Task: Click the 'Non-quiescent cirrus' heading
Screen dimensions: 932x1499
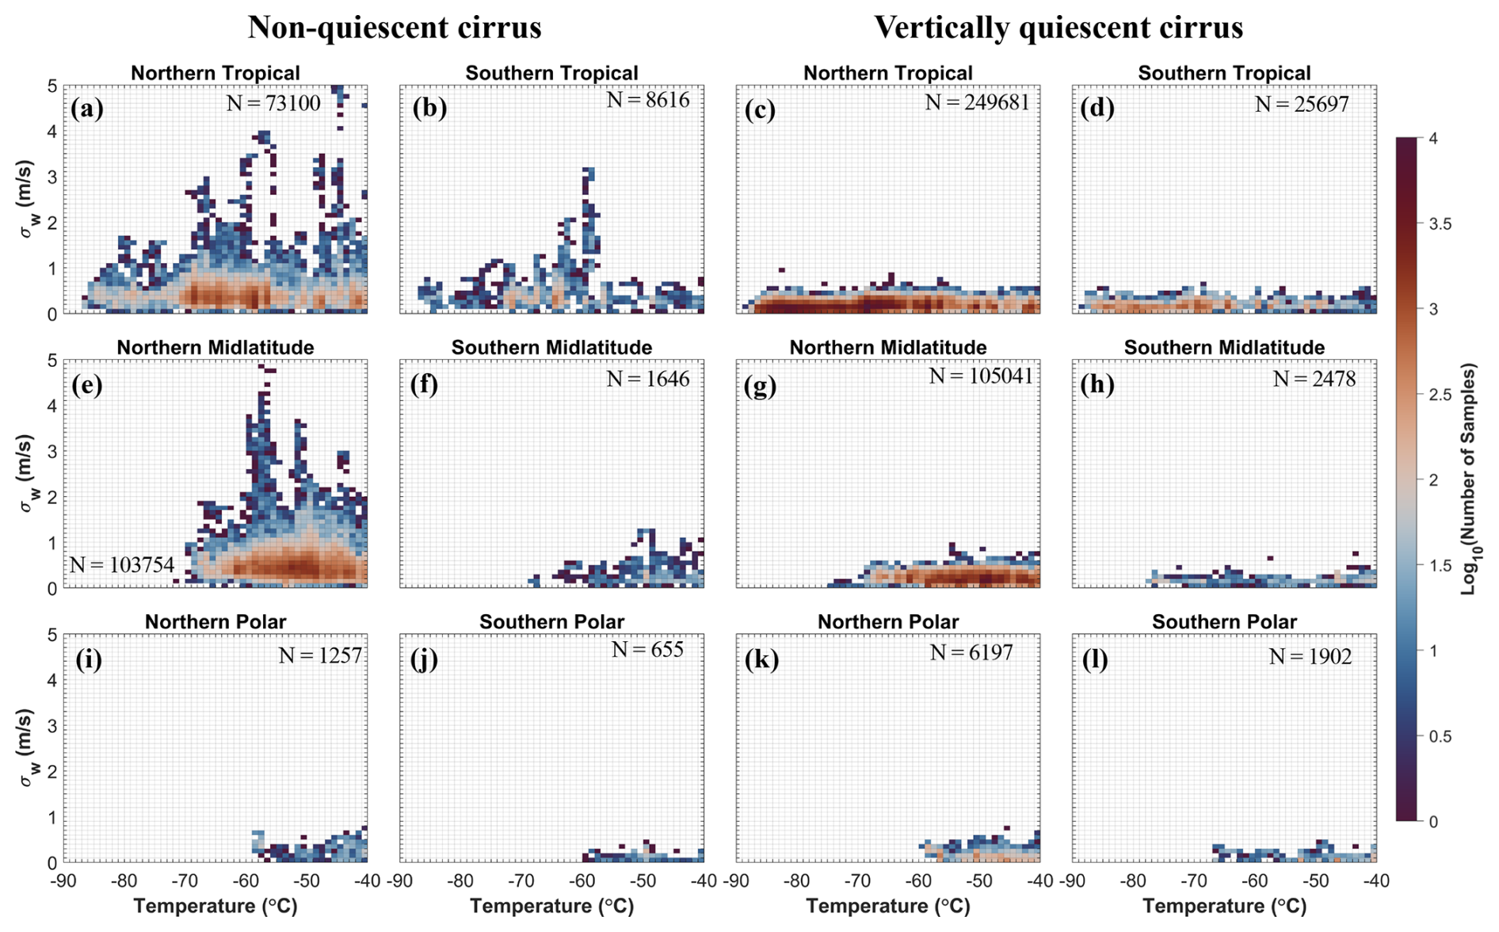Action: (395, 28)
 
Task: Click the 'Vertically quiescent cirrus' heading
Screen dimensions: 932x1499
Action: (1058, 28)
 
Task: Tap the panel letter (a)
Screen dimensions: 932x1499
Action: (87, 108)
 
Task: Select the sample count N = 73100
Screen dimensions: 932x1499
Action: (273, 103)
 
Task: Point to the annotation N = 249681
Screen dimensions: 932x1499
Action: (977, 102)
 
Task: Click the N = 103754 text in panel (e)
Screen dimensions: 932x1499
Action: (121, 565)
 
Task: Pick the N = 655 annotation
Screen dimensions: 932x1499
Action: (647, 650)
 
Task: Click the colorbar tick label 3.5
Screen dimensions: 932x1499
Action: (1440, 224)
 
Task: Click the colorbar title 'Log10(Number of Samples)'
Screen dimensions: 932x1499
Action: (1470, 479)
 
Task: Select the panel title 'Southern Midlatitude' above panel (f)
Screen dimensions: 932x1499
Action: (551, 348)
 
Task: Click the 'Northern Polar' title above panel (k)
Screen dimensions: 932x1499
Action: (888, 622)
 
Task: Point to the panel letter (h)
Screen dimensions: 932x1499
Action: (1097, 384)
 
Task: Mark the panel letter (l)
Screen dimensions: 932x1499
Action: (1096, 659)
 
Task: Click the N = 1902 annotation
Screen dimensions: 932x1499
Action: (1310, 656)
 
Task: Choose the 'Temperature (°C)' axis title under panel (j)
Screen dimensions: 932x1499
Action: (551, 906)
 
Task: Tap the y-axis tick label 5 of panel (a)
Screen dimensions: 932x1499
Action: (52, 86)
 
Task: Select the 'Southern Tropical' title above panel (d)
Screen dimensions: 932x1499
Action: (1224, 74)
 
